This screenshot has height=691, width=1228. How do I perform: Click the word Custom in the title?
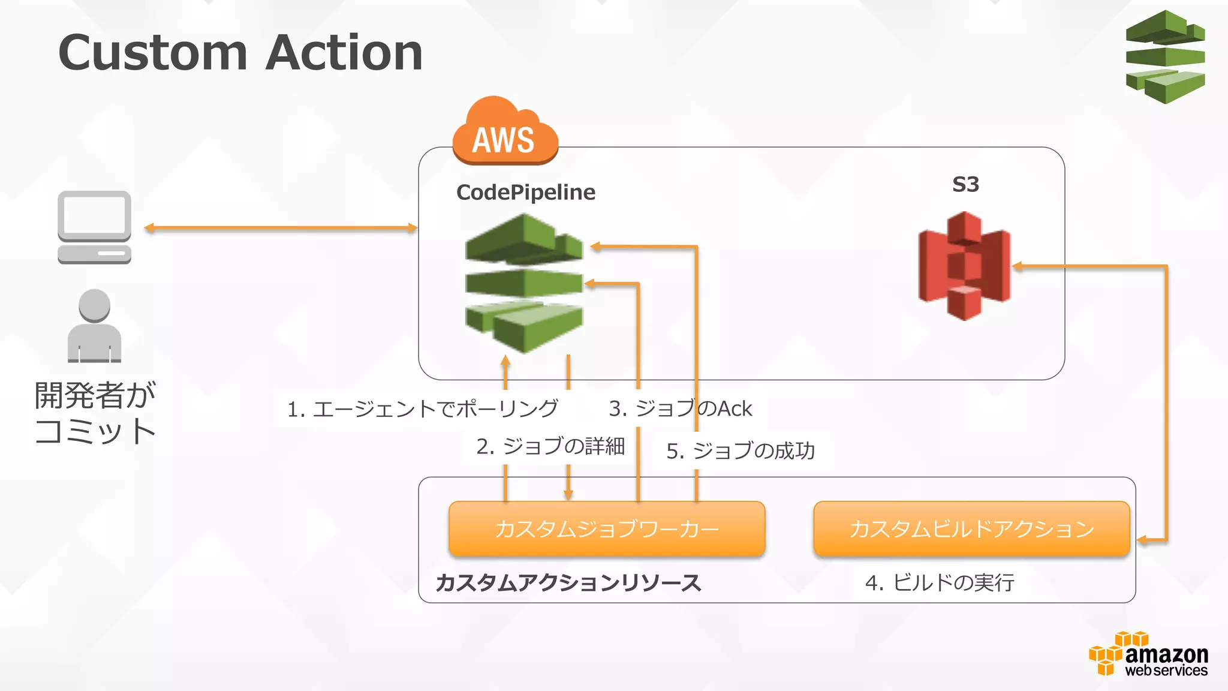153,53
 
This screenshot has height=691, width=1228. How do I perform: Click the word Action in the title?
344,53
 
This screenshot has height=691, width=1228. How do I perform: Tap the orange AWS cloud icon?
504,133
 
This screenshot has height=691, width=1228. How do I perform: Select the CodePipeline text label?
526,192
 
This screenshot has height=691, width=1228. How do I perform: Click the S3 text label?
965,184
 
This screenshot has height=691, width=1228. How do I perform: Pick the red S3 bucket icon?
964,265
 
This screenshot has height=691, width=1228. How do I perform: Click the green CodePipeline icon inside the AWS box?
524,283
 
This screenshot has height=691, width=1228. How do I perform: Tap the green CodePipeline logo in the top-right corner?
1165,57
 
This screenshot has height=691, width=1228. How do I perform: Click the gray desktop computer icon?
95,227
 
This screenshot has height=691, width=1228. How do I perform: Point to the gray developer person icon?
95,326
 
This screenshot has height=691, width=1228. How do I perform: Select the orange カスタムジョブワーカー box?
607,528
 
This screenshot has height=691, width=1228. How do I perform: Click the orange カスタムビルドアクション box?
971,528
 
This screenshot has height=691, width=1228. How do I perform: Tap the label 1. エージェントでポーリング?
422,409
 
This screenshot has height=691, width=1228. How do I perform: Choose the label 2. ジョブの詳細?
550,446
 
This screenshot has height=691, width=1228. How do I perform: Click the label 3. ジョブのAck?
680,408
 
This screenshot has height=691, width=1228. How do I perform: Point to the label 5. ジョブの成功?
741,450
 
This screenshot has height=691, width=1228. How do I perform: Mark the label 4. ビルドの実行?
940,582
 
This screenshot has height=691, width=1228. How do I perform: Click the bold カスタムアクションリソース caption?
568,582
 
